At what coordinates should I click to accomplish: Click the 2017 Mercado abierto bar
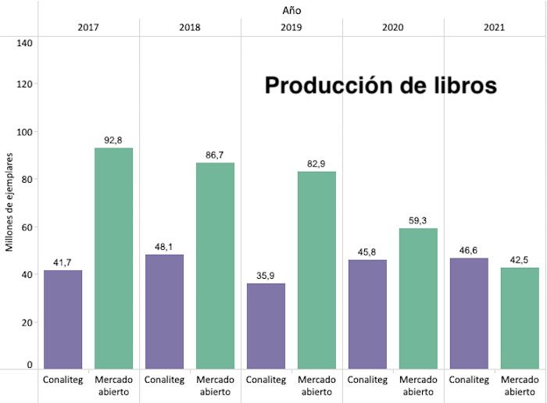coord(113,258)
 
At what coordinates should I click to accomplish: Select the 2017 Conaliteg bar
coord(63,319)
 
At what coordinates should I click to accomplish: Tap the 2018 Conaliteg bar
coord(164,311)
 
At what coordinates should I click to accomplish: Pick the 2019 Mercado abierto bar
coord(316,269)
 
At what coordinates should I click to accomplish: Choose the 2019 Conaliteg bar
coord(266,326)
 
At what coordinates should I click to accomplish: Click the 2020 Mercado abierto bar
coord(418,298)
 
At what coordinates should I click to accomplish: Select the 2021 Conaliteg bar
coord(469,312)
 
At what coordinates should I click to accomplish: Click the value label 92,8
coord(113,141)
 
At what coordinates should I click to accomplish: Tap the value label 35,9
coord(266,276)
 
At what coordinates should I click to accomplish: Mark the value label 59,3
coord(418,221)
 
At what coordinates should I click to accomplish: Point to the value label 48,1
coord(164,247)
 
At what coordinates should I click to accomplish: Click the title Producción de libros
coord(381,85)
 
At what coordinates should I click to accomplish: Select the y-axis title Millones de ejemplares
coord(10,199)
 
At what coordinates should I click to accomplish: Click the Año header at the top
coord(292,10)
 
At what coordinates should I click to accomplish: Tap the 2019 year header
coord(291,27)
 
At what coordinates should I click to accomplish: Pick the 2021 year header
coord(494,27)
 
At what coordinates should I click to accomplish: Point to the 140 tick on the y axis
coord(24,42)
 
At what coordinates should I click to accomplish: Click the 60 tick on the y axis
coord(27,227)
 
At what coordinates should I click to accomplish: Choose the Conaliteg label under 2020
coord(367,380)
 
